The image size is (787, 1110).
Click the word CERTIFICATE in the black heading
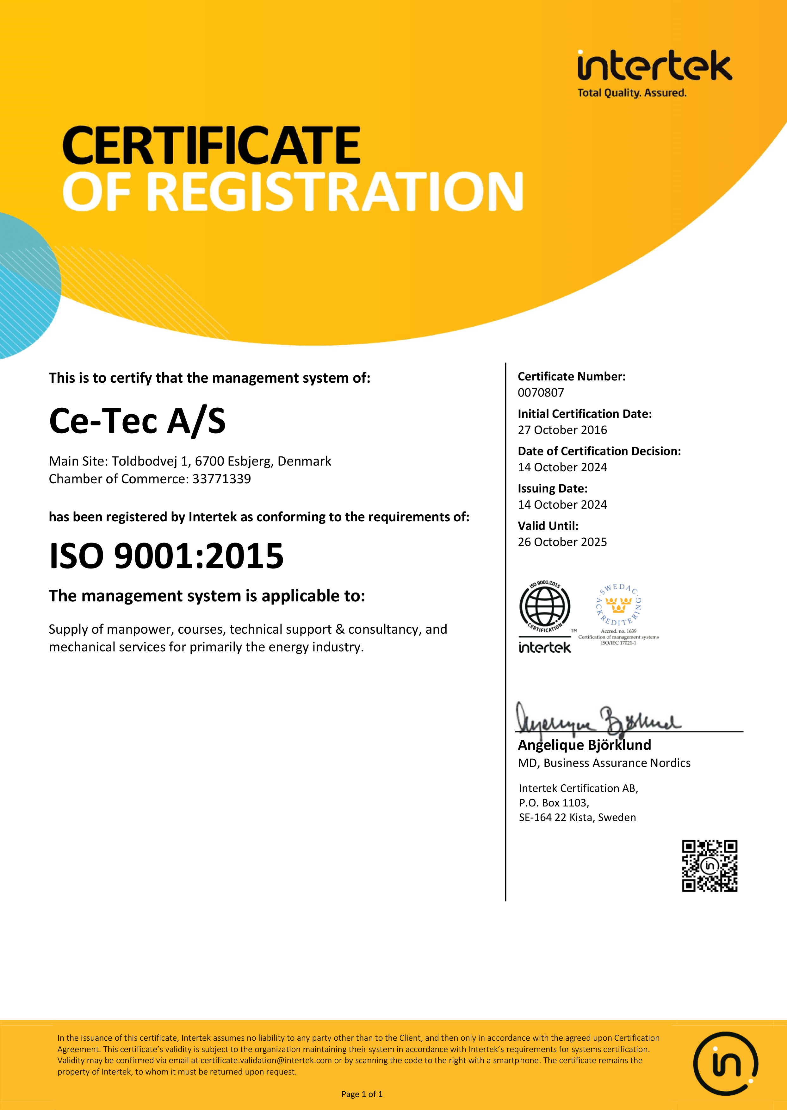[211, 146]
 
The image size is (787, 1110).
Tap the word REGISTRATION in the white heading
[334, 192]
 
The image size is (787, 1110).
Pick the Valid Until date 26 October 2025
[562, 542]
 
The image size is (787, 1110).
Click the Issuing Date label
[553, 488]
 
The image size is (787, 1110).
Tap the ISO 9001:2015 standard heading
[166, 556]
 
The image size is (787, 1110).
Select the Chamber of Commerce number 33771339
[221, 479]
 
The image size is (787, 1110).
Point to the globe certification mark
[545, 607]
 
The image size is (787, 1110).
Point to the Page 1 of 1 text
[362, 1094]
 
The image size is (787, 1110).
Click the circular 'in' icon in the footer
[725, 1064]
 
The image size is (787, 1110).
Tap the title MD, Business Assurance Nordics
[604, 763]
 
